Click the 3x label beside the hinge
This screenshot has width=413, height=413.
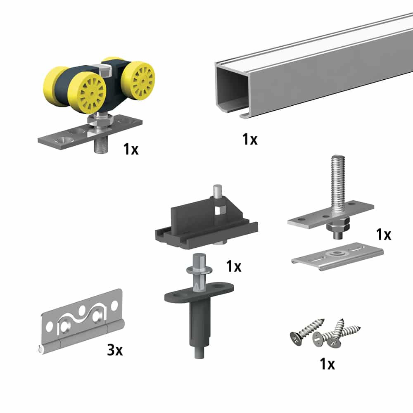click(115, 351)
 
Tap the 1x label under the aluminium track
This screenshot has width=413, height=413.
click(250, 140)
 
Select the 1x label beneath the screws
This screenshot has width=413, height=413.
click(327, 364)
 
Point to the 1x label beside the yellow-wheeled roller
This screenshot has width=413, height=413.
click(131, 149)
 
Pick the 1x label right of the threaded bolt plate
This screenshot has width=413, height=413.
click(384, 235)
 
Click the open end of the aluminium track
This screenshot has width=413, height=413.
click(230, 89)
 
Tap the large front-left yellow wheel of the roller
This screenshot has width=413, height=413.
click(88, 93)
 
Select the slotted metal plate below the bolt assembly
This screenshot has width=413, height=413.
click(337, 256)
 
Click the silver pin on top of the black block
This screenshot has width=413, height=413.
click(216, 192)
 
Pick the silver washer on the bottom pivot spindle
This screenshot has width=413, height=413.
click(197, 270)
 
